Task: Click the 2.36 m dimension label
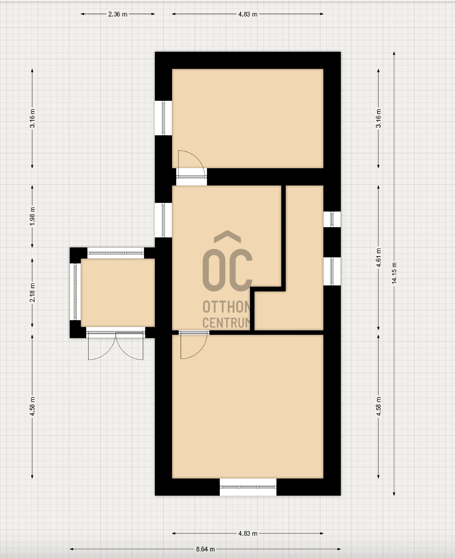[118, 14]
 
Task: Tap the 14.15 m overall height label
[394, 273]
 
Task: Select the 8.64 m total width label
[205, 549]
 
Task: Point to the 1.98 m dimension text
[32, 216]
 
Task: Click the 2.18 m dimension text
[32, 292]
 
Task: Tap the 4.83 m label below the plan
[248, 534]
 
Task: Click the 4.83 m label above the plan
[248, 14]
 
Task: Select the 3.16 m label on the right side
[378, 118]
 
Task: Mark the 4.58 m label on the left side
[32, 407]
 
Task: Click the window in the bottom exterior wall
[248, 487]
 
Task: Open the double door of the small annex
[116, 345]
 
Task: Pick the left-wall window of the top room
[164, 118]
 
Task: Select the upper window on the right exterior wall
[332, 219]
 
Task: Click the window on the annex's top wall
[116, 253]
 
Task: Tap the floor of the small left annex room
[118, 292]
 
